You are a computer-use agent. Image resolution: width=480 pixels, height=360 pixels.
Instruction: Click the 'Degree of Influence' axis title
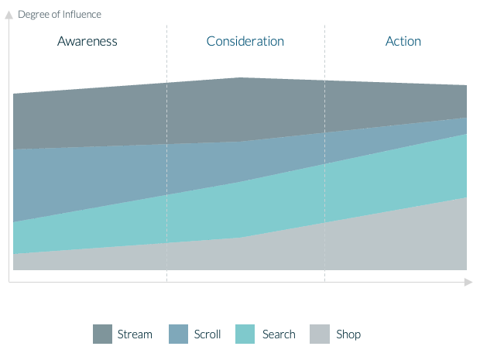60,15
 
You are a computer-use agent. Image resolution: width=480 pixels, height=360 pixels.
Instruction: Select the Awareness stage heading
87,41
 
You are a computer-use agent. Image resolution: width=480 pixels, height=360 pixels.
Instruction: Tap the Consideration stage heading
245,41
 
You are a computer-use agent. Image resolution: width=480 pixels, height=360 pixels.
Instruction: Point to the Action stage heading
403,41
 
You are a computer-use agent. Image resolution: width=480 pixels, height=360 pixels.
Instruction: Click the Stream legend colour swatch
102,334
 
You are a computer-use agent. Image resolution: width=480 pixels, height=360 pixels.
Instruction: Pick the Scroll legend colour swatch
179,334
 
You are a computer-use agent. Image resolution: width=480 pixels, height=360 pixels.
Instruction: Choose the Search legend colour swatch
245,334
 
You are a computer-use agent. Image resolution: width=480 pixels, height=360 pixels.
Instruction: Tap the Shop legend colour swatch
320,334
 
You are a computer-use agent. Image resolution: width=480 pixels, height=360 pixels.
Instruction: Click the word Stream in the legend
135,334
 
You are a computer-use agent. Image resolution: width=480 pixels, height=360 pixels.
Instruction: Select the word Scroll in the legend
207,334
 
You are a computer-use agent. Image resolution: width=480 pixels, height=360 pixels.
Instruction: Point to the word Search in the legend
279,334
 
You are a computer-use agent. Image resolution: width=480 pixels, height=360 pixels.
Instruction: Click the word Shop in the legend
348,334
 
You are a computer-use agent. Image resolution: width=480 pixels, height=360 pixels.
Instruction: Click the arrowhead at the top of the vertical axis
9,15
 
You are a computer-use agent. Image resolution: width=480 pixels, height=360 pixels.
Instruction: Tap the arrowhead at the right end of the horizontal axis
468,282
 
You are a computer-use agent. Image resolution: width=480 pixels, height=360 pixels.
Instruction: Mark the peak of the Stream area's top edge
240,77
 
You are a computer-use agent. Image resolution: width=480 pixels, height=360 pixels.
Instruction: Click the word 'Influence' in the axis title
82,15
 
